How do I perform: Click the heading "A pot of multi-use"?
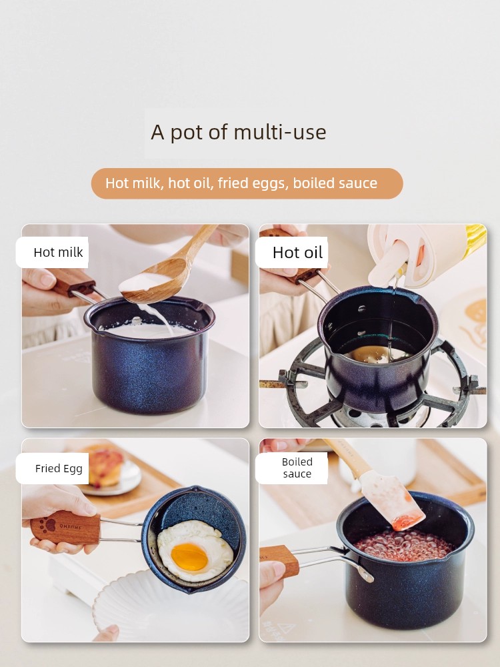click(x=239, y=132)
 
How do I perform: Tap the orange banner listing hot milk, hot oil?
click(x=247, y=183)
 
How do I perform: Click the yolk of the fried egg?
click(x=189, y=557)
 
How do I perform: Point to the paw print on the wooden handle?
click(x=47, y=526)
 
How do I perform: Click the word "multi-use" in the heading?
click(x=280, y=132)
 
